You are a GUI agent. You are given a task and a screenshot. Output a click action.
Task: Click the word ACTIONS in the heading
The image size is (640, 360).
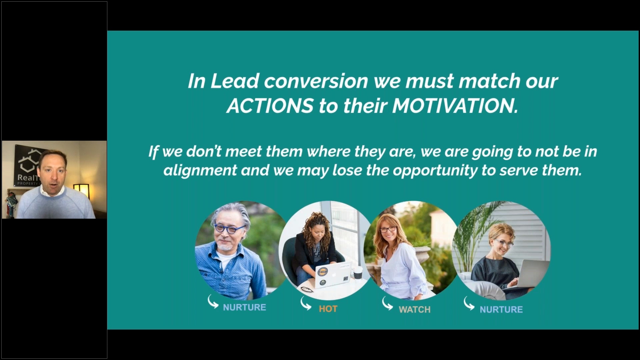coord(270,106)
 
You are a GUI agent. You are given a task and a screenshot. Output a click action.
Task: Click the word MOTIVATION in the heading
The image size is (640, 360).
coord(455,106)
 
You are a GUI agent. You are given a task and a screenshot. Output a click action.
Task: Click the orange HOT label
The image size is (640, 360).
coord(328,309)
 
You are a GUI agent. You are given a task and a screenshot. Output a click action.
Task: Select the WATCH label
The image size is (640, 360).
coord(415,310)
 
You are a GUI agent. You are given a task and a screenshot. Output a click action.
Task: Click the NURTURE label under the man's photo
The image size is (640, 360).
coord(244,307)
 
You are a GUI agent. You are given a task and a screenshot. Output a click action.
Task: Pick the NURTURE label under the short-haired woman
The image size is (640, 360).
coord(501,310)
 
